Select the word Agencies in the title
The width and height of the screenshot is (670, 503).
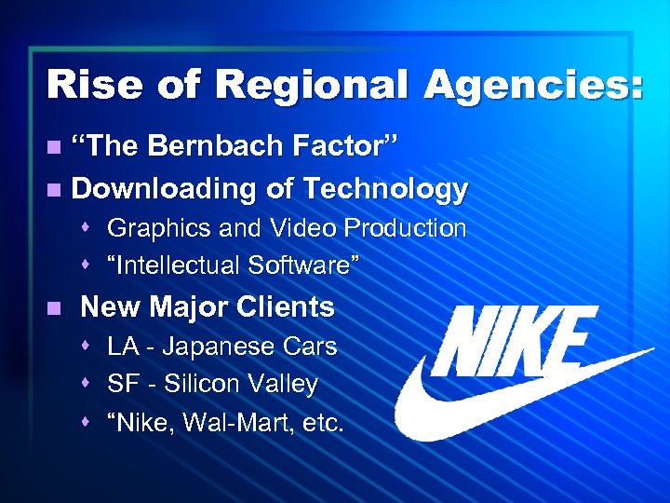(522, 85)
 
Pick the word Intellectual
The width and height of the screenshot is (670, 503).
(175, 266)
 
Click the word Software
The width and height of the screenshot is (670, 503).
(301, 266)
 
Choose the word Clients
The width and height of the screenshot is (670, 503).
(287, 306)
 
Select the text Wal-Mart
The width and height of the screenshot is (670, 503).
(230, 424)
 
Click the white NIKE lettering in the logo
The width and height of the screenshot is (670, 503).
(516, 341)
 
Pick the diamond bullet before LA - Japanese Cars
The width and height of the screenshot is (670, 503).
(87, 347)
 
